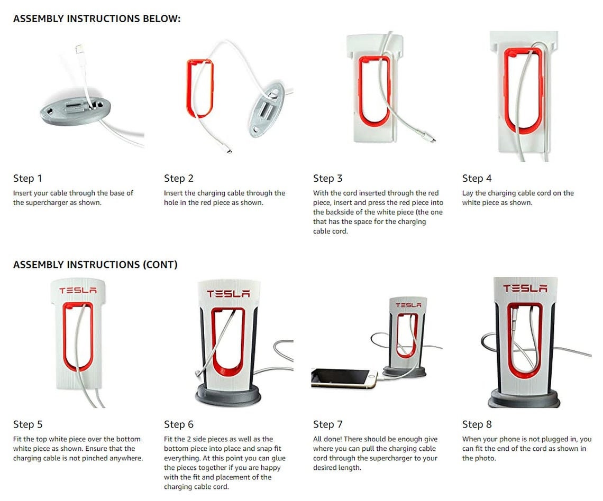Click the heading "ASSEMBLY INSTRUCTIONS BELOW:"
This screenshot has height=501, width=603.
97,19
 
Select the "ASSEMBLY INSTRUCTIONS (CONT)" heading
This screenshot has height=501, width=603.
95,265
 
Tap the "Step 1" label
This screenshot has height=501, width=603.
28,179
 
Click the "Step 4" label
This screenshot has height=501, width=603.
477,179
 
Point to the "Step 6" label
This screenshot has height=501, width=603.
178,424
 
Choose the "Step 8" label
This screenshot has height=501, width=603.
477,424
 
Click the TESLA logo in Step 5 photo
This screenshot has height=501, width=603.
78,291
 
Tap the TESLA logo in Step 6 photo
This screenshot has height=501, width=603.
229,293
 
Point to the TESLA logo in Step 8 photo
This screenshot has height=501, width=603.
525,289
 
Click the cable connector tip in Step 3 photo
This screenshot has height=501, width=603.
431,140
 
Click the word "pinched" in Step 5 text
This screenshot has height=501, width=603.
117,458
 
